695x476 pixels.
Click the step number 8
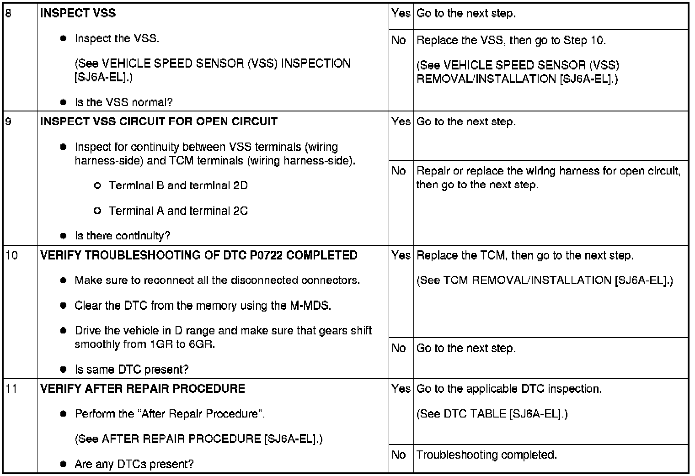click(x=8, y=13)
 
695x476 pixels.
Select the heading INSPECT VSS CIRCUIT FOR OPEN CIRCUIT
click(x=159, y=122)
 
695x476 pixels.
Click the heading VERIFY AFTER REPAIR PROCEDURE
click(x=143, y=389)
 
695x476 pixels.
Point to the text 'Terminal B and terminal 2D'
click(x=178, y=185)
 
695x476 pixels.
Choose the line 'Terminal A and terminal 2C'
click(x=178, y=211)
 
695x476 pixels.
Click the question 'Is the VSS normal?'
click(x=123, y=102)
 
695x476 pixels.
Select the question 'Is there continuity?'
click(x=122, y=236)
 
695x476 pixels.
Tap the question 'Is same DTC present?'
click(x=131, y=369)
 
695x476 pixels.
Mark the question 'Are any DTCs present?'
click(x=134, y=464)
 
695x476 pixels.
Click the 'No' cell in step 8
click(x=399, y=41)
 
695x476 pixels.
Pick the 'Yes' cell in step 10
click(x=401, y=255)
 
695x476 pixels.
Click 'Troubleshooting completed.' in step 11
click(x=486, y=455)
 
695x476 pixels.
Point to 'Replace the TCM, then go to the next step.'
click(x=525, y=255)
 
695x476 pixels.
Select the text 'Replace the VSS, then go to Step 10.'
click(x=511, y=41)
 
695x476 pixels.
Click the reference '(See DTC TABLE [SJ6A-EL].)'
click(x=492, y=414)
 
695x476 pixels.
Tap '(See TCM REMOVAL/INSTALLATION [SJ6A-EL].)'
click(x=545, y=280)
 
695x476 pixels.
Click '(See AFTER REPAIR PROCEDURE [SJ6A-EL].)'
click(x=198, y=439)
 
